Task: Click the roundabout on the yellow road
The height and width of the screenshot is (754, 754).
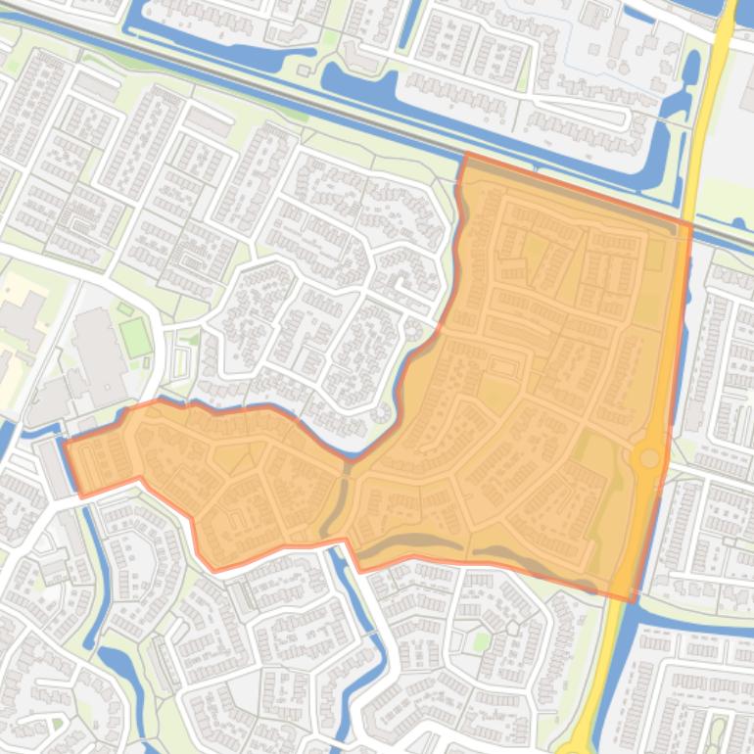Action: click(x=647, y=457)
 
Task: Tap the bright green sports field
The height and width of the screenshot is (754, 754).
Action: click(x=136, y=338)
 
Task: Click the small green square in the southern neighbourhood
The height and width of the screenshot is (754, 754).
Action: click(x=481, y=640)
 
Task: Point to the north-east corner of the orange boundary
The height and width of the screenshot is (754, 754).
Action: click(x=691, y=226)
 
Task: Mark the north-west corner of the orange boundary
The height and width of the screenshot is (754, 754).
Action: click(x=466, y=155)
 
